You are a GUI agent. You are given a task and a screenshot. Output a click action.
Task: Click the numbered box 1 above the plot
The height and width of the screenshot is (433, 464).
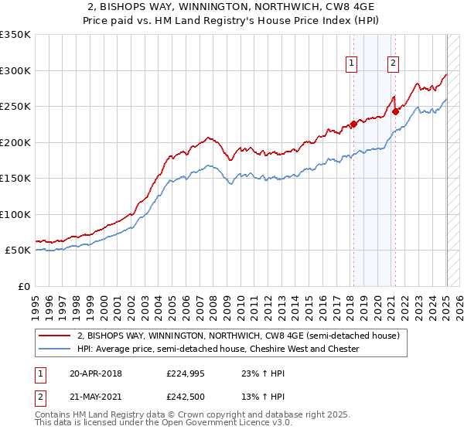click(352, 63)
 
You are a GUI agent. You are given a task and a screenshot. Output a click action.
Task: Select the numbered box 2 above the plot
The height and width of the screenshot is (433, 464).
click(394, 63)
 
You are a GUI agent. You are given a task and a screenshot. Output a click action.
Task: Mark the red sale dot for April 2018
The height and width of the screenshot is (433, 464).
click(353, 124)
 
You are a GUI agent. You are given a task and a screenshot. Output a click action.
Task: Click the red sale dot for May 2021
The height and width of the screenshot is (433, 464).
click(395, 111)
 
